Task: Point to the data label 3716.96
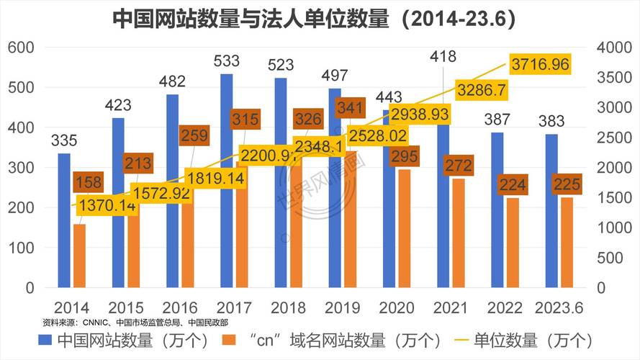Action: coord(540,65)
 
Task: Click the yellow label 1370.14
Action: coord(107,206)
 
